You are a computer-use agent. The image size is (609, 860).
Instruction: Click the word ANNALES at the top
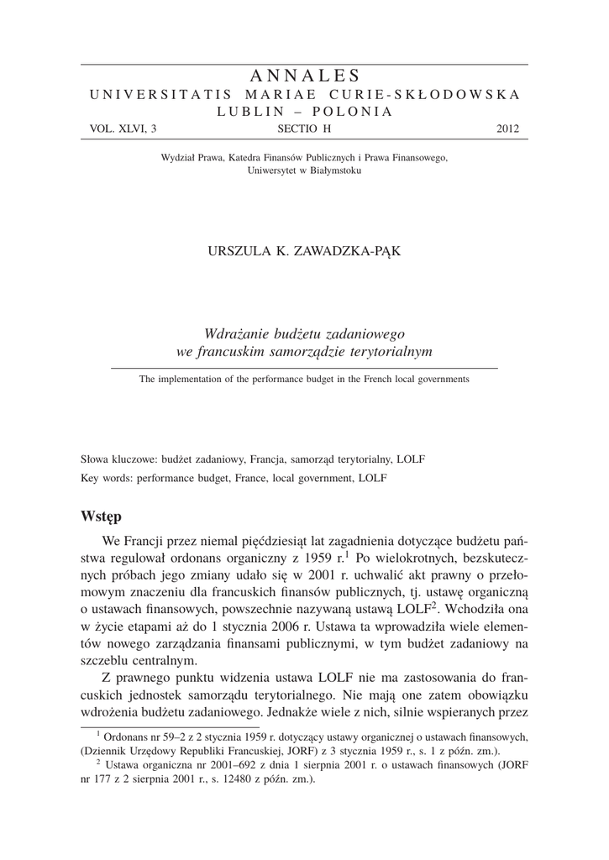[304, 76]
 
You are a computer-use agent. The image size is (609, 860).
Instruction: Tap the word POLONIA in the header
[344, 112]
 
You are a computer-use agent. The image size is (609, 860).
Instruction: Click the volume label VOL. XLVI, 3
[123, 129]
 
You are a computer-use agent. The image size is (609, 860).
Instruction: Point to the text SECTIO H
[304, 129]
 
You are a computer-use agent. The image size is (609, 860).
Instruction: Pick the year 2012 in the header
[508, 129]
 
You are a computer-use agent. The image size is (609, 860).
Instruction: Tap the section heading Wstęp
[102, 514]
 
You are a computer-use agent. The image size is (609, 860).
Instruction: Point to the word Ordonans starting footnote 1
[128, 737]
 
